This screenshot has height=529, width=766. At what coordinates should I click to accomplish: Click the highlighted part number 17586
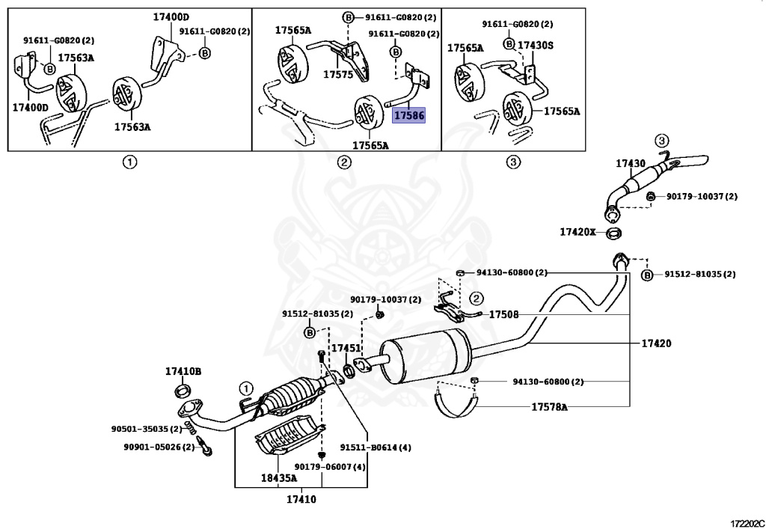409,115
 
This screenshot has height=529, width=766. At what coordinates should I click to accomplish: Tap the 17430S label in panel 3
536,46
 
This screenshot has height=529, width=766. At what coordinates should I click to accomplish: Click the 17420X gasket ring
613,233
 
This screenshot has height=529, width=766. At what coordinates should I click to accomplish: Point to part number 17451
346,348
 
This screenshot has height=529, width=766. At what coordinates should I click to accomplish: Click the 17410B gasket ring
183,391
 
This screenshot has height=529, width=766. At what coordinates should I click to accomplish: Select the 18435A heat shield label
279,477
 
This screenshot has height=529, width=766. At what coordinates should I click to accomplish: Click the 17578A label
550,406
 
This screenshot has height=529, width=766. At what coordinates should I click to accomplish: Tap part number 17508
503,314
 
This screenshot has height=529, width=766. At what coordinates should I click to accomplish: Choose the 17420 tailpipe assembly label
656,343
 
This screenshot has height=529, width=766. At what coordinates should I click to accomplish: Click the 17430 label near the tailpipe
630,164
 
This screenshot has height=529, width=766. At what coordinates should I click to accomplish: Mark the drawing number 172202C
747,524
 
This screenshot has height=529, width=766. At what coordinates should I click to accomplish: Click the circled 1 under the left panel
129,162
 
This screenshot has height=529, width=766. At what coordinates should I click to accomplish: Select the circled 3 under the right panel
512,162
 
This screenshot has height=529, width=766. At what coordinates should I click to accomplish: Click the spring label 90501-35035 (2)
147,429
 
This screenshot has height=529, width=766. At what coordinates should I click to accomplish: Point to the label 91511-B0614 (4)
376,447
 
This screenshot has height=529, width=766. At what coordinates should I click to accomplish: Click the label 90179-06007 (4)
330,467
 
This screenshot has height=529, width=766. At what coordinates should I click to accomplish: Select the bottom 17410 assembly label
301,499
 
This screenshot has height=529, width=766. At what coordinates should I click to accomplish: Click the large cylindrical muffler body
426,355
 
